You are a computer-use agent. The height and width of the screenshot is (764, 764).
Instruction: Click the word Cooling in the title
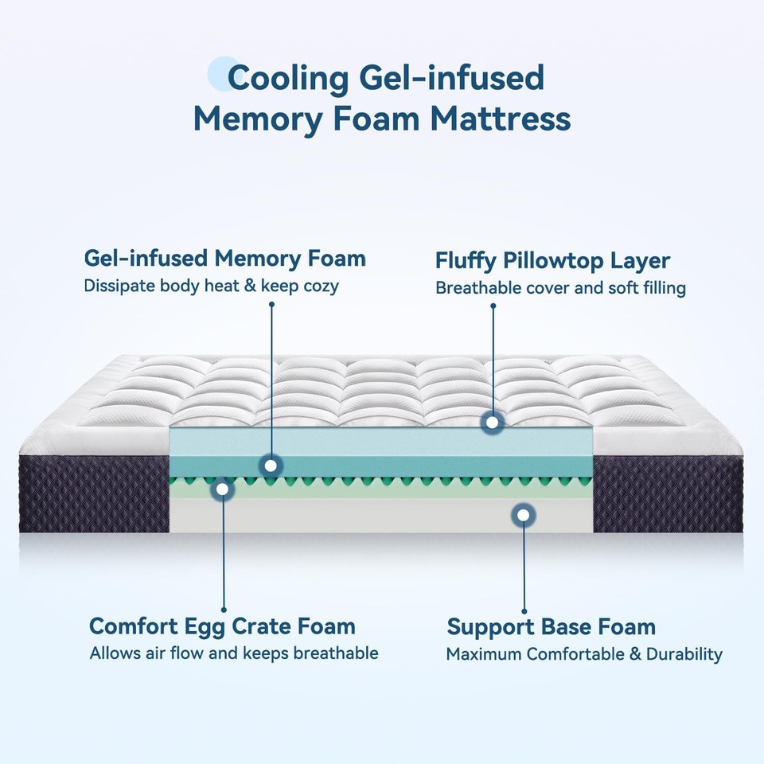coord(288,78)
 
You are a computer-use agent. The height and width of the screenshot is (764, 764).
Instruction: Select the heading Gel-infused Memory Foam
coord(225,259)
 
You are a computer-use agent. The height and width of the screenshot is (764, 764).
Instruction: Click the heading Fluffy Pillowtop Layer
coord(552,261)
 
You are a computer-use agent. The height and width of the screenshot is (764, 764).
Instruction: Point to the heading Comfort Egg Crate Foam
coord(222,626)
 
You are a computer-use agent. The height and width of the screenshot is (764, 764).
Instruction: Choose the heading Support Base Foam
coord(551,626)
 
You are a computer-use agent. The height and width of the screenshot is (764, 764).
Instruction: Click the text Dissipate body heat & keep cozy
coord(211,286)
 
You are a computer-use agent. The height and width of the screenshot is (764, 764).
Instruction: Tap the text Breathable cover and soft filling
coord(560,288)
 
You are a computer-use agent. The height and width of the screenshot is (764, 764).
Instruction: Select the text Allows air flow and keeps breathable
coord(233,653)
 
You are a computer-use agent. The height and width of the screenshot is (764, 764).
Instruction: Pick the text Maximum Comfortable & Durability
coord(583,654)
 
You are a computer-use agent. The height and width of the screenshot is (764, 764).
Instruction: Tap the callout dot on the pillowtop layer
coord(493,423)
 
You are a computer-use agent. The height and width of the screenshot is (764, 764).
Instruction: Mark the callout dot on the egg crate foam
coord(223,489)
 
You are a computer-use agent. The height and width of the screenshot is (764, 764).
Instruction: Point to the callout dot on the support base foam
coord(523,515)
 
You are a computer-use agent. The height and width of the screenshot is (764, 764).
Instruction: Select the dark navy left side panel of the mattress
coord(94,493)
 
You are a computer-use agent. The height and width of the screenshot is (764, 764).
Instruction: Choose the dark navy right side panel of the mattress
coord(668,493)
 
